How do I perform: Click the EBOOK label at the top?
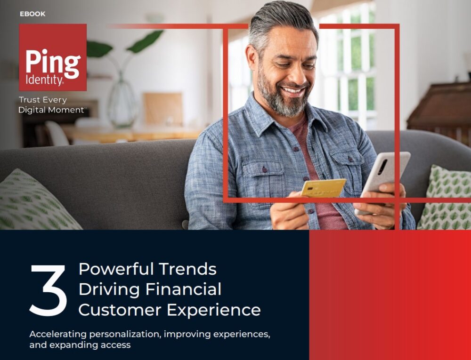(32, 14)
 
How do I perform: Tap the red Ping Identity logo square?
(53, 57)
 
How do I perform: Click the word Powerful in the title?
(116, 269)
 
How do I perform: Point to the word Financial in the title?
(183, 289)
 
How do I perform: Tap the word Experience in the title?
(213, 310)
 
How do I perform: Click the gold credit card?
(323, 188)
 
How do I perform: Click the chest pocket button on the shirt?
(265, 169)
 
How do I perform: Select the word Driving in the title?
(109, 290)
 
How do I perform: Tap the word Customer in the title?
(120, 310)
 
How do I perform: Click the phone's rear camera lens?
(382, 167)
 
